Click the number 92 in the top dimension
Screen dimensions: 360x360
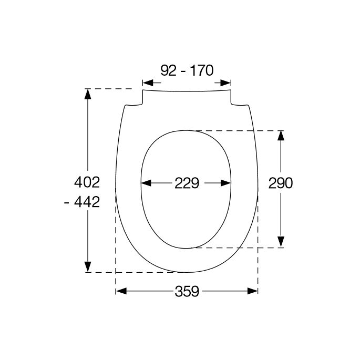[168, 70]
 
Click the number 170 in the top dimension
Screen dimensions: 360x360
[202, 70]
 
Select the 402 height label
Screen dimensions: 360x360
[87, 183]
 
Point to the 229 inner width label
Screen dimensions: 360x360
[187, 183]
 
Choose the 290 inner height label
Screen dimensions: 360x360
[280, 183]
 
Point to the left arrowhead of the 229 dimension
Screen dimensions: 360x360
[146, 183]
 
